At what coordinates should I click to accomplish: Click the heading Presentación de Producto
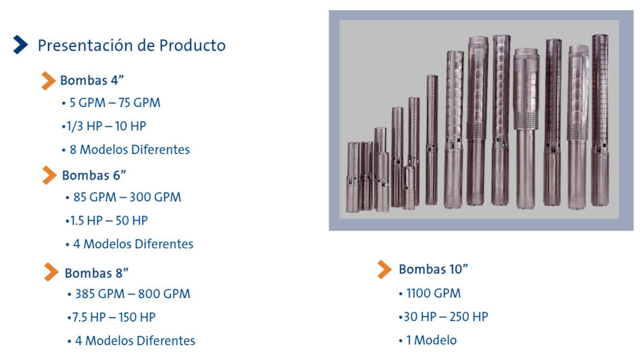coord(132,45)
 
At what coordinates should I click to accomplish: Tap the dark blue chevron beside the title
coord(20,44)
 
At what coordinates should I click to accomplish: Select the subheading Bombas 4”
coord(92,80)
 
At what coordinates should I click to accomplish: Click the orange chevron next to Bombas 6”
coord(50,175)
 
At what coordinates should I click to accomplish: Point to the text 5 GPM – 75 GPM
coord(115,102)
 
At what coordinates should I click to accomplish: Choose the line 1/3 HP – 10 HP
coord(106,126)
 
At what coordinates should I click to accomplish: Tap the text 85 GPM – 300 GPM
coord(127,197)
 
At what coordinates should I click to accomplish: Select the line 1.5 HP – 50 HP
coord(109,221)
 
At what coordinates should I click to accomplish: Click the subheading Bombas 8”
coord(97,273)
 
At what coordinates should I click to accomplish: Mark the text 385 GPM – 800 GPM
coord(133,294)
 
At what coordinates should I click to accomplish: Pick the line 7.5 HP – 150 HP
coord(114,318)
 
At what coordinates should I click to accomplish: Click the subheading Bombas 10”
coord(434,269)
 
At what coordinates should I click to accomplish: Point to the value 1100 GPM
coord(434,293)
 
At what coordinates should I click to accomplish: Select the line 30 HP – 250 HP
coord(446,317)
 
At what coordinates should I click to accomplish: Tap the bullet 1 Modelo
coord(432,340)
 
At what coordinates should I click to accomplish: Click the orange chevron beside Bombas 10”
coord(384,269)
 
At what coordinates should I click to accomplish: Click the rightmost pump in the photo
coord(600,120)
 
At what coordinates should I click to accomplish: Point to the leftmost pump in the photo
coord(353,177)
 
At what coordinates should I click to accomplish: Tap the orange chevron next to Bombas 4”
coord(48,80)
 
